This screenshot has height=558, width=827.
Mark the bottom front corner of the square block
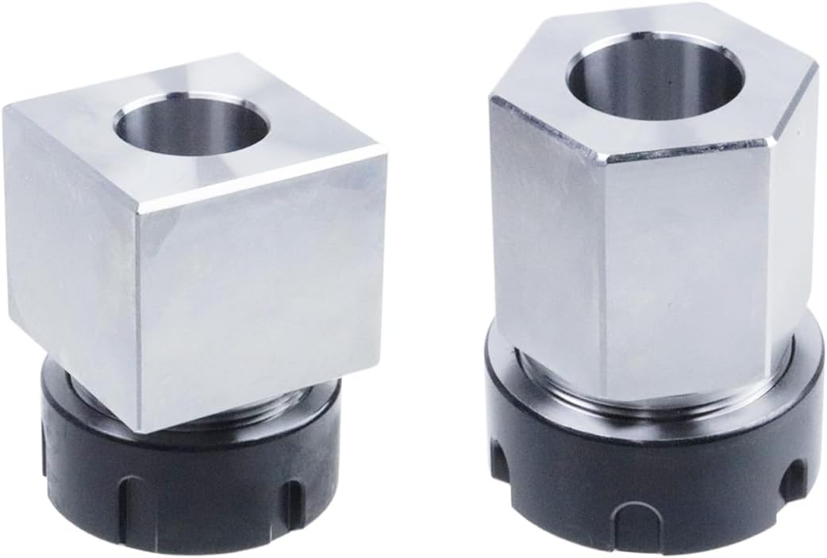pos(143,432)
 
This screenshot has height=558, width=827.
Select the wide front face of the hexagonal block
pos(683,262)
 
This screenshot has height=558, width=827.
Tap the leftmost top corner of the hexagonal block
pos(491,97)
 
